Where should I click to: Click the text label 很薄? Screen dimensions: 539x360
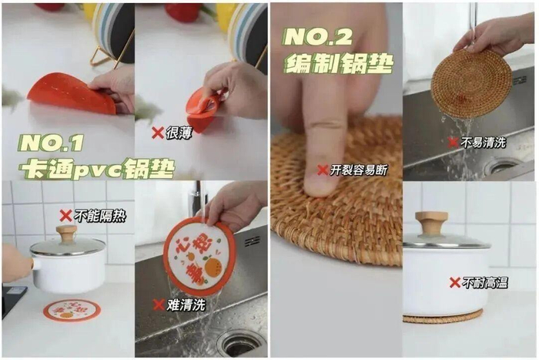pos(179,133)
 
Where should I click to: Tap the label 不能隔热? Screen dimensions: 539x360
pos(100,216)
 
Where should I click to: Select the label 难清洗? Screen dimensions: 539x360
pos(186,305)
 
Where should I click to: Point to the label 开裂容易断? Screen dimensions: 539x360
pos(359,170)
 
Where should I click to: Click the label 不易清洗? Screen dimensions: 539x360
pos(483,142)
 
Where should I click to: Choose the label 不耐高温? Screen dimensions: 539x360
pos(484,283)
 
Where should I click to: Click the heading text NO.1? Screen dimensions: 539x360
pos(51,143)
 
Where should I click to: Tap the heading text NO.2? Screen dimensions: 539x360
pos(318,37)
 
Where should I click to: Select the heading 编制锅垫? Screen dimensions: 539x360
pos(339,63)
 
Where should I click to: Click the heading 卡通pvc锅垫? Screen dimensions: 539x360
pos(96,169)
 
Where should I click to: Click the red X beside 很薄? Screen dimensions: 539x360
pos(158,133)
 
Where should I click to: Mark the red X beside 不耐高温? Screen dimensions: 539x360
pos(455,283)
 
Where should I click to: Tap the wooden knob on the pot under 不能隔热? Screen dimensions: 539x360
pos(66,234)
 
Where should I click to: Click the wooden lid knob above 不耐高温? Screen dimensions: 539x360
pos(431,223)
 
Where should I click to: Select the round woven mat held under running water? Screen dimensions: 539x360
pos(471,83)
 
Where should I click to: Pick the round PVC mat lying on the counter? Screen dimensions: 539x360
pos(72,311)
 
